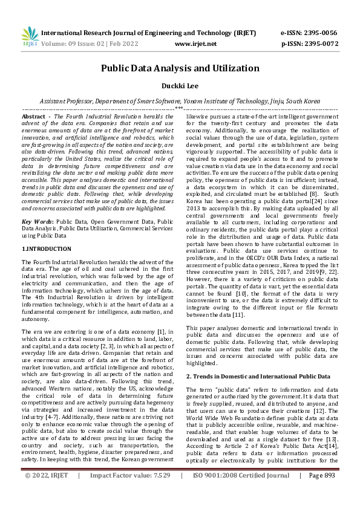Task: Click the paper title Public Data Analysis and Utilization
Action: pos(180,68)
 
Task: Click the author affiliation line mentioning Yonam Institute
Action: pos(180,102)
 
